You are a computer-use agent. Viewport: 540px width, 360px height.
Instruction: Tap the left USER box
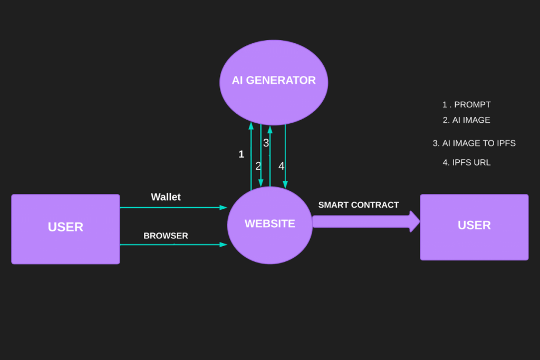pyautogui.click(x=65, y=229)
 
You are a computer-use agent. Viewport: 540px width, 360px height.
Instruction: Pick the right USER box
pyautogui.click(x=474, y=227)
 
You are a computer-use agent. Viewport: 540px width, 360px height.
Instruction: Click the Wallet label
pyautogui.click(x=166, y=197)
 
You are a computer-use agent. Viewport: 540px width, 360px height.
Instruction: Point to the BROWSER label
pyautogui.click(x=166, y=236)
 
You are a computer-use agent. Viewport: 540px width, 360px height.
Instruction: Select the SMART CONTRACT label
pyautogui.click(x=359, y=205)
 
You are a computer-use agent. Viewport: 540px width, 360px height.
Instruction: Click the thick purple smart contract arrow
pyautogui.click(x=364, y=221)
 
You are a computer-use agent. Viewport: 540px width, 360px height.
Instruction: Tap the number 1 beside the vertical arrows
pyautogui.click(x=242, y=154)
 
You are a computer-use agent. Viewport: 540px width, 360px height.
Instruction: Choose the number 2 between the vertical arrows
pyautogui.click(x=258, y=166)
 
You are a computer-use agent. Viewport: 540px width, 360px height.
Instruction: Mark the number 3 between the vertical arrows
pyautogui.click(x=266, y=143)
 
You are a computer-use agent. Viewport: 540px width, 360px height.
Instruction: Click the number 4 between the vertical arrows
pyautogui.click(x=281, y=166)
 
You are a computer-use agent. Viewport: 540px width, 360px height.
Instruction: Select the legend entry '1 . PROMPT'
pyautogui.click(x=467, y=104)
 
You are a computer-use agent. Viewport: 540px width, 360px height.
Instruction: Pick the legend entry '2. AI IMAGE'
pyautogui.click(x=467, y=120)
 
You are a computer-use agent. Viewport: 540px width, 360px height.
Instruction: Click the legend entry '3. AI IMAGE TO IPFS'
pyautogui.click(x=474, y=143)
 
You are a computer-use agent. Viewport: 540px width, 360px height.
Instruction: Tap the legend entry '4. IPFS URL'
pyautogui.click(x=467, y=162)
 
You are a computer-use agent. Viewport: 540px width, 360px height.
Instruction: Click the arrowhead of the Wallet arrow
pyautogui.click(x=223, y=208)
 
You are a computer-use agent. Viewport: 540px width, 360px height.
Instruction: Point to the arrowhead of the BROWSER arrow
pyautogui.click(x=223, y=245)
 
